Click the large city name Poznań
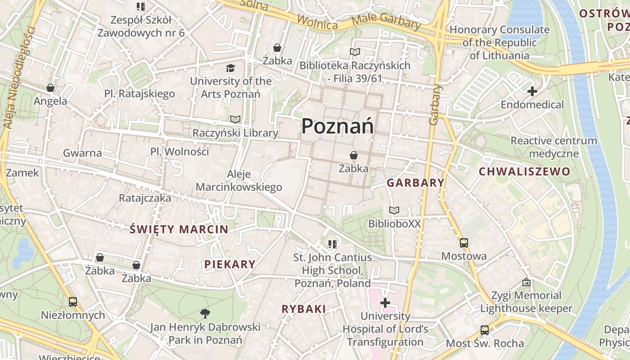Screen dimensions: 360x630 pos(337,126)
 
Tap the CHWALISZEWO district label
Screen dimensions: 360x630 pos(524,171)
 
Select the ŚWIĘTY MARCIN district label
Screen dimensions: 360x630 pos(179,229)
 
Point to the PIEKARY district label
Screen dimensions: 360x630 pos(230,264)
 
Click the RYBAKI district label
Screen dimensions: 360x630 pos(304,309)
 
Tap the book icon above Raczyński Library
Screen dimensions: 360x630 pos(235,120)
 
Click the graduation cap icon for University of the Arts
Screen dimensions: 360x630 pos(230,68)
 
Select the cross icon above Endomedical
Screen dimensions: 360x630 pos(532,91)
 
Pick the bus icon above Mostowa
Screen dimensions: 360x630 pos(464,243)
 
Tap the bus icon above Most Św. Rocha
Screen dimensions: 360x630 pos(485,330)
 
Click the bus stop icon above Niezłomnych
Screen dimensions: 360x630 pos(73,301)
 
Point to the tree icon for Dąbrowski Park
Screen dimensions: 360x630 pos(205,314)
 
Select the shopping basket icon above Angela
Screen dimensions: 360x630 pos(50,88)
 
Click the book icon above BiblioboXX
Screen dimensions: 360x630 pos(394,210)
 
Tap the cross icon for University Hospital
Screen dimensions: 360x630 pos(385,303)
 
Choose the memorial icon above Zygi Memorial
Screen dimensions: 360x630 pos(526,283)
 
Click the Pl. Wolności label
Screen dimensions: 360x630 pos(180,152)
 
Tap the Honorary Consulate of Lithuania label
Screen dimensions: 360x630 pos(499,43)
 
